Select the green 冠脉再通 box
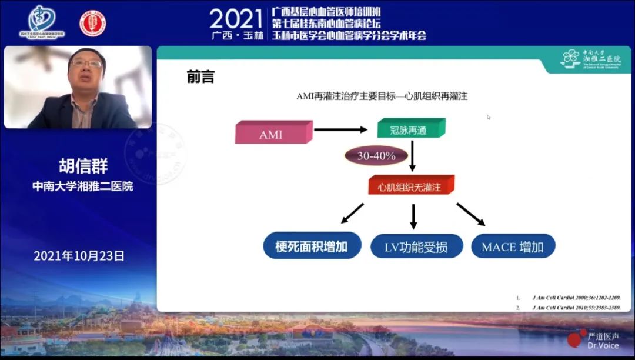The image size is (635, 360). (x=410, y=129)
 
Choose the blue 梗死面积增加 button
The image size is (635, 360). (x=311, y=246)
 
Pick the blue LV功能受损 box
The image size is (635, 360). (x=416, y=246)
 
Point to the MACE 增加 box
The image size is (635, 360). (x=513, y=246)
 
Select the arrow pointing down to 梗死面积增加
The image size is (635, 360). (x=352, y=214)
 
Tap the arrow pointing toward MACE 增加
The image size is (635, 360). (x=471, y=215)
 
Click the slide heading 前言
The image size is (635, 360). (x=200, y=77)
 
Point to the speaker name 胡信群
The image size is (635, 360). (x=83, y=165)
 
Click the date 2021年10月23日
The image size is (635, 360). (x=79, y=256)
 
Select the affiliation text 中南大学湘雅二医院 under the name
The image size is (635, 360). (x=82, y=186)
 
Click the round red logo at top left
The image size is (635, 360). (x=93, y=24)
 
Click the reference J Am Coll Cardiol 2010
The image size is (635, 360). (x=568, y=307)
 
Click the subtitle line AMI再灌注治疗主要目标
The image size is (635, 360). (x=382, y=96)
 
